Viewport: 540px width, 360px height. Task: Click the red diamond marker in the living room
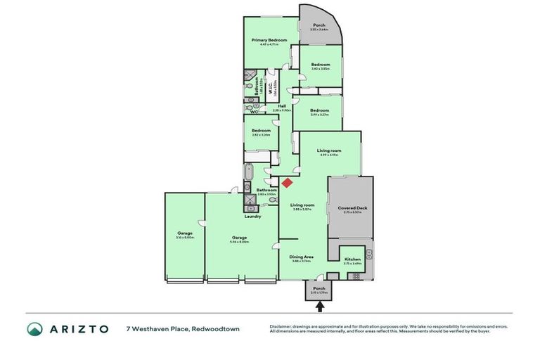(x=287, y=183)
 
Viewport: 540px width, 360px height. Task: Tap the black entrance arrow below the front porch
(x=320, y=306)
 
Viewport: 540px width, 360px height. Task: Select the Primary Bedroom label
(x=271, y=41)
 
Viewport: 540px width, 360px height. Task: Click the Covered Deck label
(x=350, y=208)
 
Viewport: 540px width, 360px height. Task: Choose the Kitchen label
(x=352, y=259)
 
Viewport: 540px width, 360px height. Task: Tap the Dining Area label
(x=302, y=257)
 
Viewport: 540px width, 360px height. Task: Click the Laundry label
(x=252, y=216)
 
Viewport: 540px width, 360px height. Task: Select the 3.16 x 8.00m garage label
(x=184, y=236)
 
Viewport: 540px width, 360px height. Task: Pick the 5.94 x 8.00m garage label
(x=240, y=238)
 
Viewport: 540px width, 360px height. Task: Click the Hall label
(x=281, y=107)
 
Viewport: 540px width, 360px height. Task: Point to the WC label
(x=254, y=111)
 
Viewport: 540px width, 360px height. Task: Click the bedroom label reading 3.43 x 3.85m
(x=320, y=65)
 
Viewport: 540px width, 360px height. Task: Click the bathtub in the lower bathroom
(x=250, y=173)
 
